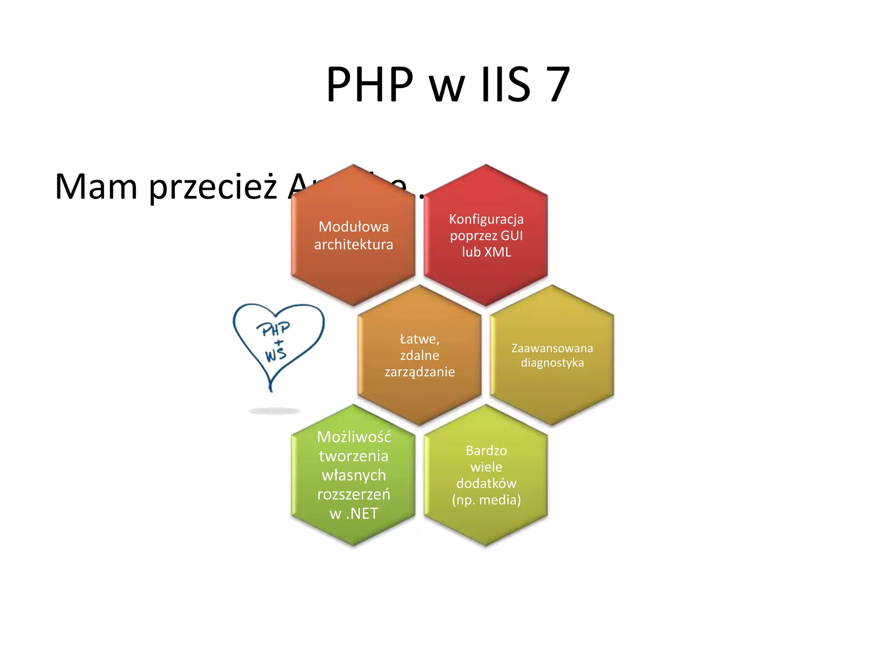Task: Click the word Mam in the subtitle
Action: click(x=96, y=187)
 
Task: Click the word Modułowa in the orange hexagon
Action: click(x=353, y=227)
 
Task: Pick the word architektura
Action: click(x=353, y=245)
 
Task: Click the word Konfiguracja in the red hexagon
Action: click(x=486, y=219)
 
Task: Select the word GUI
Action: click(x=511, y=236)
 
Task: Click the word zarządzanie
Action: click(x=420, y=372)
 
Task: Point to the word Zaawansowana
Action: click(x=552, y=348)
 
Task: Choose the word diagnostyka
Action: click(x=552, y=363)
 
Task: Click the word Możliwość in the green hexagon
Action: click(x=353, y=437)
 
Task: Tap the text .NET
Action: click(x=362, y=513)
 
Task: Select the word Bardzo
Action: click(x=486, y=451)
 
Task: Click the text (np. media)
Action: click(x=486, y=500)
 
